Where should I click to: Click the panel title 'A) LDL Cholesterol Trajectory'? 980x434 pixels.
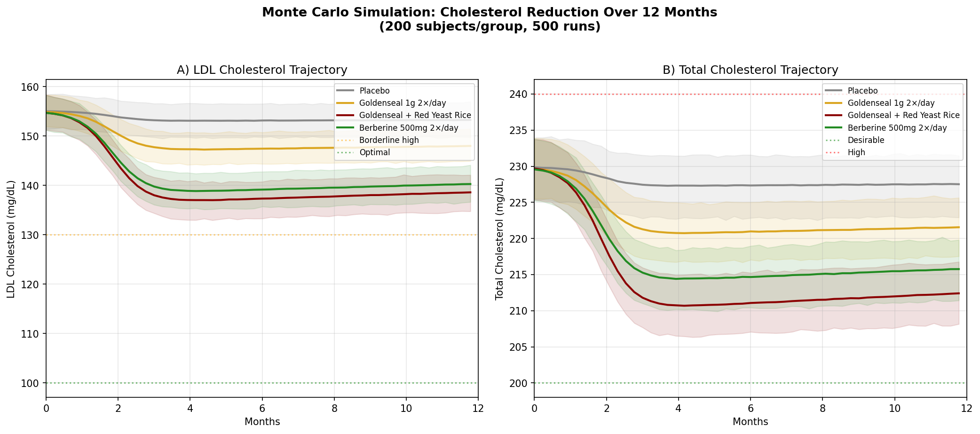coord(262,70)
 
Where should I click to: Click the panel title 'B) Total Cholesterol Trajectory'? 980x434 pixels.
coord(750,70)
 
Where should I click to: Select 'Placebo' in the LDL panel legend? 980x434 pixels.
coord(374,91)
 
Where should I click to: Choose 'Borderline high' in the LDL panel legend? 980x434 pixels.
coord(388,140)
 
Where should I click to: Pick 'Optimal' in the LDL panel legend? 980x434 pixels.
coord(374,152)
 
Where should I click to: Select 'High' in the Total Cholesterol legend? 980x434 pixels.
coord(856,152)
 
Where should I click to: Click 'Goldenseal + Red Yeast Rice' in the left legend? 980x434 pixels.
coord(415,115)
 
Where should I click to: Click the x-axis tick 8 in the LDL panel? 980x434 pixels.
coord(334,409)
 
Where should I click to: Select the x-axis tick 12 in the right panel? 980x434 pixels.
coord(966,409)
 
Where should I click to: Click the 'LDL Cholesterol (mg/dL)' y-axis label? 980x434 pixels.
coord(11,239)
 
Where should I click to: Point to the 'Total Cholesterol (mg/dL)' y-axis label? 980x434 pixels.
coord(499,239)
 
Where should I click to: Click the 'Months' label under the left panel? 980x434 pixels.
coord(262,422)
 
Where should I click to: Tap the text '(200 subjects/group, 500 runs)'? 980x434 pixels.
coord(490,27)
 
